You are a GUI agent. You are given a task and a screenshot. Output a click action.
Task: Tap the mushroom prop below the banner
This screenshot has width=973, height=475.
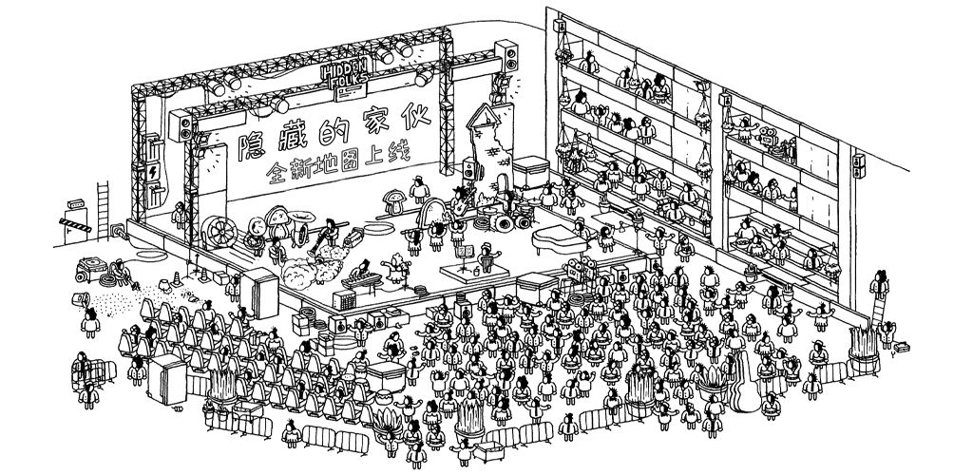point(391,200)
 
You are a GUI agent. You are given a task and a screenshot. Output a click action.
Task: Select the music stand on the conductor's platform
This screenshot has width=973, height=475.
point(467,256)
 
